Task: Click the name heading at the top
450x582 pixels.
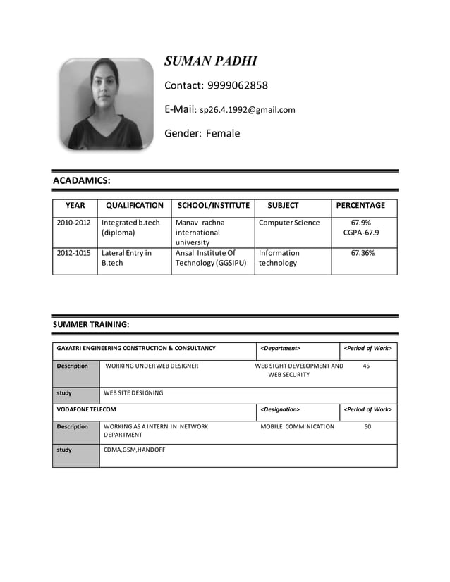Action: (211, 61)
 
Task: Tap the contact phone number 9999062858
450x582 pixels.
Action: (237, 86)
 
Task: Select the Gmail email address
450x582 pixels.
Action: (248, 110)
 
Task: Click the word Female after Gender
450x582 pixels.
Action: (223, 133)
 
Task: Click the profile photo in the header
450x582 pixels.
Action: (107, 104)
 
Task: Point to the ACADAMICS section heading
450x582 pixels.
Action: (82, 181)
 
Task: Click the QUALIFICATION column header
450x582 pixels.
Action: (134, 206)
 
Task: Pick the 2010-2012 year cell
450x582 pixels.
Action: (74, 223)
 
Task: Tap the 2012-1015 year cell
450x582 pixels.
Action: (74, 253)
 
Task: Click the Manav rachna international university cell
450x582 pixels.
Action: (200, 233)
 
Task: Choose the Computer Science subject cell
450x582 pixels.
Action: (289, 223)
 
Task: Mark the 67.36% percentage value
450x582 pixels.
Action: (363, 253)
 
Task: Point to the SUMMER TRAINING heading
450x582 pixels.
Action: (91, 325)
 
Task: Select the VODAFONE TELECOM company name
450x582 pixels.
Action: (87, 409)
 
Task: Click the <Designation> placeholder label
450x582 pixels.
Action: (280, 409)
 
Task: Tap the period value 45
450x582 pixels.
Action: (365, 366)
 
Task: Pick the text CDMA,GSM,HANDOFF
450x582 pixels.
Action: (135, 450)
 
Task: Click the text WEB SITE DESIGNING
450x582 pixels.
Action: (133, 392)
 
